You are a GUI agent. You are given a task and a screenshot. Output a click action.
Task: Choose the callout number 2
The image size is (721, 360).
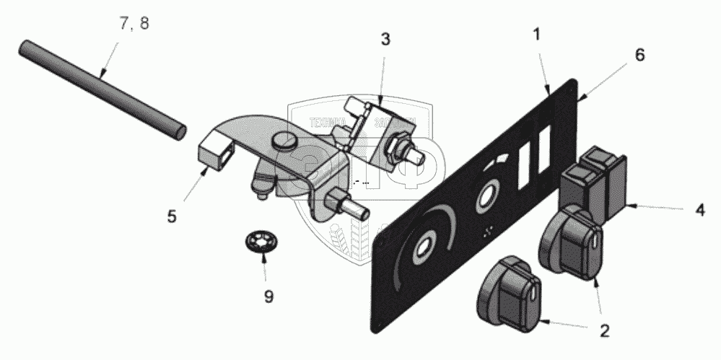(x=603, y=332)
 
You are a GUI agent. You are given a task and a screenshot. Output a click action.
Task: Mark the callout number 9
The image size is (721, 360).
(x=268, y=296)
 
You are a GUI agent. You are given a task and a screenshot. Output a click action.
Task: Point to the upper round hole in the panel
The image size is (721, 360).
(x=485, y=200)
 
